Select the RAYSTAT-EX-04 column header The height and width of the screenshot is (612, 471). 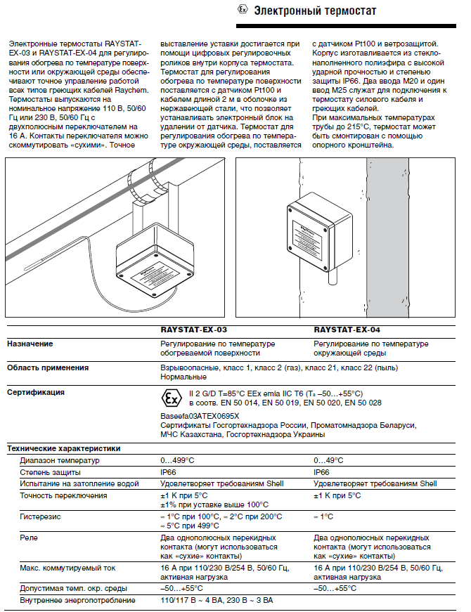(x=347, y=329)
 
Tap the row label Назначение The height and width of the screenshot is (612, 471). (x=30, y=344)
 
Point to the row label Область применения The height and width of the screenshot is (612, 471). (x=48, y=367)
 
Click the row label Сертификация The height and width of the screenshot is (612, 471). (x=36, y=392)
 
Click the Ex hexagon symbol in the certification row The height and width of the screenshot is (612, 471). (x=171, y=398)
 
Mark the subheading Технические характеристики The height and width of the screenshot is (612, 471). (x=63, y=448)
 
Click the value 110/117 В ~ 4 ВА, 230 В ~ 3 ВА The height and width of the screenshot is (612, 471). (x=217, y=601)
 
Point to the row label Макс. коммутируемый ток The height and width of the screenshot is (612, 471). (x=67, y=568)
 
